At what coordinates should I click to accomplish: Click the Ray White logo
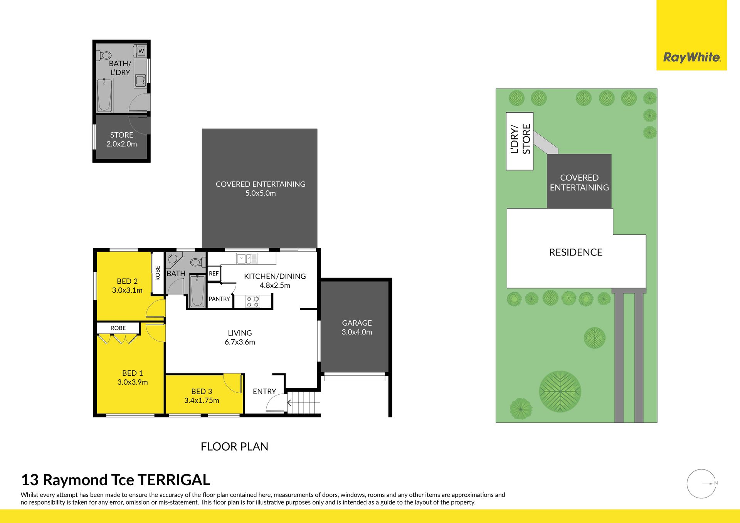692,58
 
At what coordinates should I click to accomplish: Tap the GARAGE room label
357,323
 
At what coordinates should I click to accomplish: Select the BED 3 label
202,391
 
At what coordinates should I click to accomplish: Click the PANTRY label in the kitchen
219,299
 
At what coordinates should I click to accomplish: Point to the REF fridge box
214,273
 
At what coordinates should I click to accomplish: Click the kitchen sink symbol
247,258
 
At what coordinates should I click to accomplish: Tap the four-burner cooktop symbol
253,301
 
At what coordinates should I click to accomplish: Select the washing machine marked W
141,51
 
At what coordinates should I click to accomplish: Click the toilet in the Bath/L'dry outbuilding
104,55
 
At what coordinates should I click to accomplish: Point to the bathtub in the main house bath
197,291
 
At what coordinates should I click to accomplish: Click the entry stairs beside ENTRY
304,403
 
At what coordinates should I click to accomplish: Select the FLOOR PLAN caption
234,447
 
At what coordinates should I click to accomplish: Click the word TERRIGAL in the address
174,480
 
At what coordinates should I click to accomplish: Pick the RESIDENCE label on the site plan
576,252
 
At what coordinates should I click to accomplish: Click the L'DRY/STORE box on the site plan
520,141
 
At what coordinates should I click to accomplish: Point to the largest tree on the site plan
560,392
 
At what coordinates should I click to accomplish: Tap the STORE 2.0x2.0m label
122,140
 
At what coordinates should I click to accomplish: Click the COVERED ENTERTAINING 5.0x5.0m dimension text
261,193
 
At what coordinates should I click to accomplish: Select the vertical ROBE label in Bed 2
158,273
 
